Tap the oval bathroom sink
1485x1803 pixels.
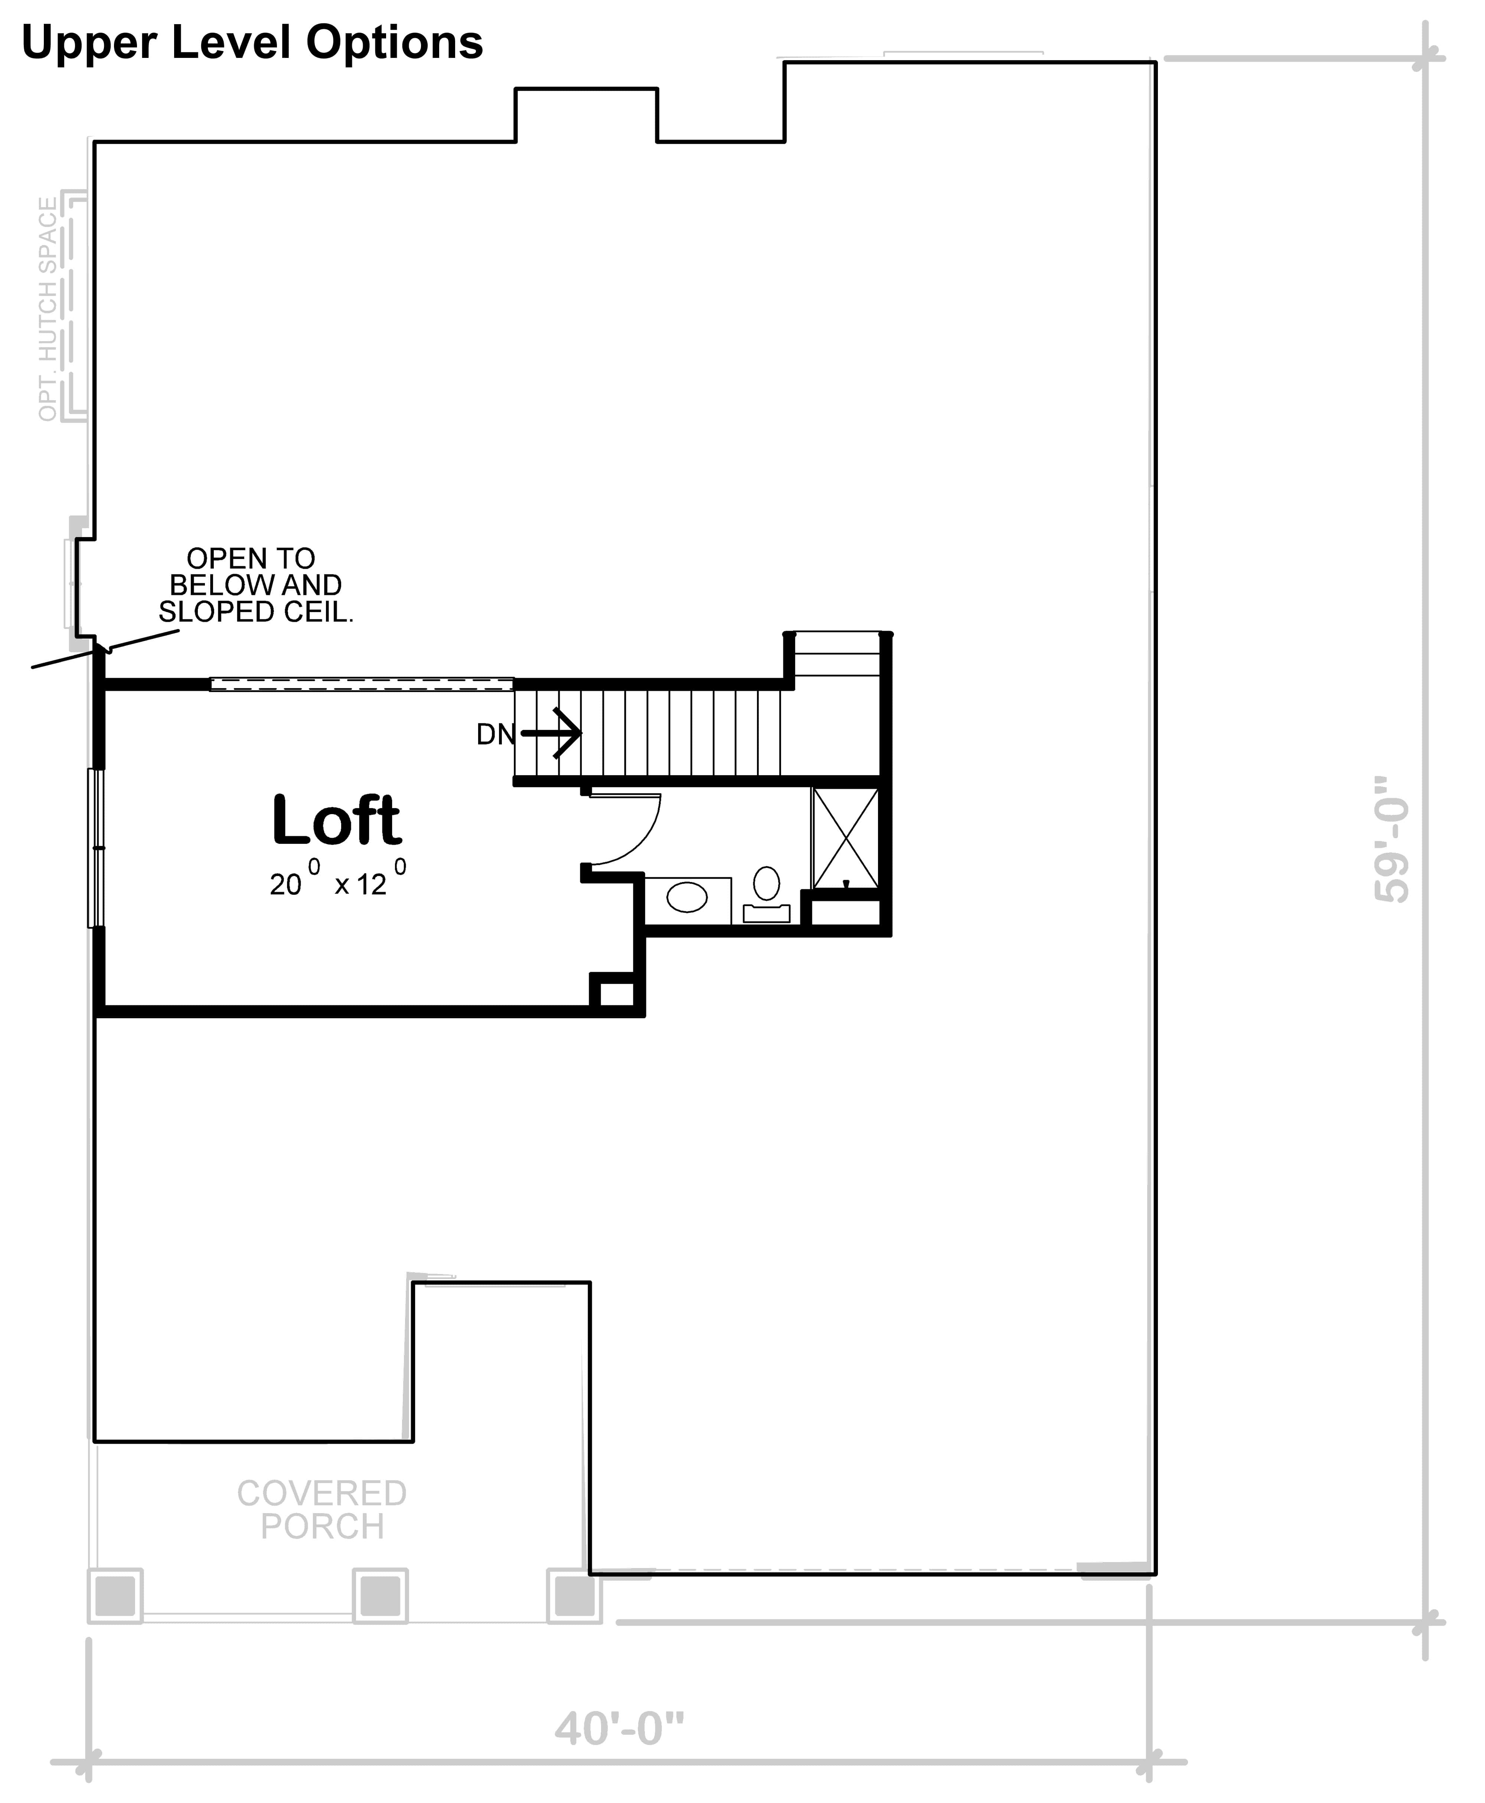(x=687, y=897)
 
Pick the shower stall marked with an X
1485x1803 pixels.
(x=845, y=838)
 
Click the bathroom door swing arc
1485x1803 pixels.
(x=637, y=834)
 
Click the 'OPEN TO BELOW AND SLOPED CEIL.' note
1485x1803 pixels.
(x=255, y=585)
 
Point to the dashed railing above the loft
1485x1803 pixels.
(x=361, y=684)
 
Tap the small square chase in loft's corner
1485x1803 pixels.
(x=616, y=994)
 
